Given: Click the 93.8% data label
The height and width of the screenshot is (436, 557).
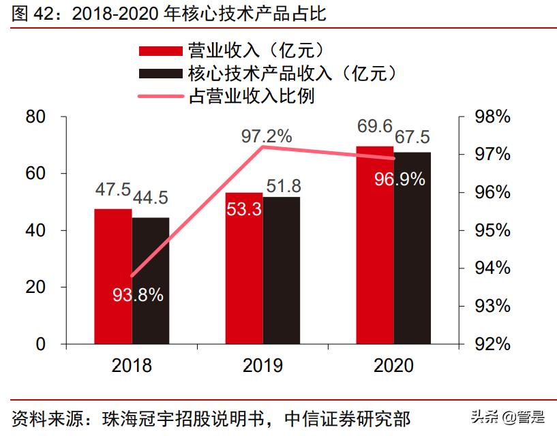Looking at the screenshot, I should [x=138, y=295].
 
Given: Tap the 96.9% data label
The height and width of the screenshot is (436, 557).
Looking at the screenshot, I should [x=400, y=179].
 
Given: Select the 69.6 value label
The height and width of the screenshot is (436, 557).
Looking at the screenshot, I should [x=374, y=127].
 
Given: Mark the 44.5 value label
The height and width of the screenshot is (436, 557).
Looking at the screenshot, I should [x=150, y=198].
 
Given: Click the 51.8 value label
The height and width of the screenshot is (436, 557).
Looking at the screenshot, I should [x=283, y=185].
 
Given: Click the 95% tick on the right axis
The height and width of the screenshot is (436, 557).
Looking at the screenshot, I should [x=492, y=230].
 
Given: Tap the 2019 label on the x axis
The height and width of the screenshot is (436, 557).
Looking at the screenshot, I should [x=262, y=366].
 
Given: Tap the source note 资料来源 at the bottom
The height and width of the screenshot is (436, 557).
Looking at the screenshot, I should [x=211, y=417].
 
